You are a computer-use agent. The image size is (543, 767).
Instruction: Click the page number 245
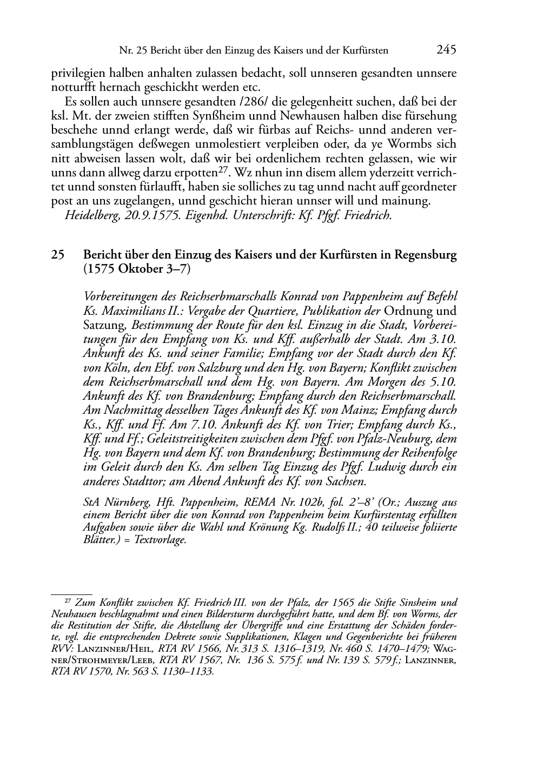[446, 50]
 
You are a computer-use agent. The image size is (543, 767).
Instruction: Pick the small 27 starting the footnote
[68, 600]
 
